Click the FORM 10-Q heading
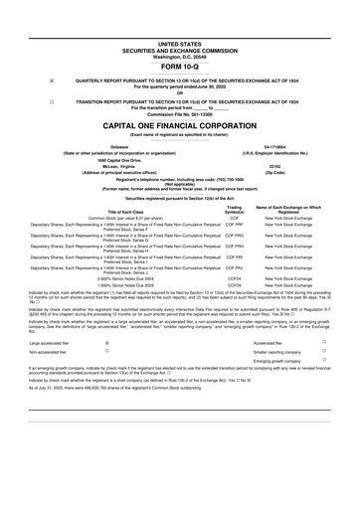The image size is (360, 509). (179, 67)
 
